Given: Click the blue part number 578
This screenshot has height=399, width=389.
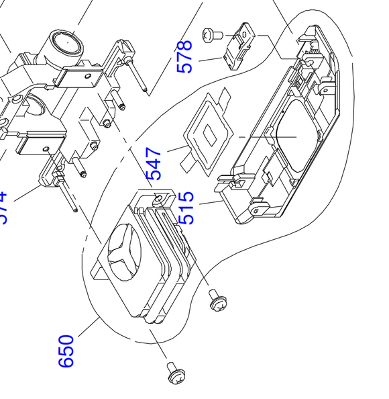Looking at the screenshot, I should point(184,56).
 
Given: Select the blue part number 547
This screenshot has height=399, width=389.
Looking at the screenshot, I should point(154,164).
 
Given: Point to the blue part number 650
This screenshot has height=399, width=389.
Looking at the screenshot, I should point(66,351).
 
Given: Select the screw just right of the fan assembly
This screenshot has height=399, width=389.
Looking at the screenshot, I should point(217,300).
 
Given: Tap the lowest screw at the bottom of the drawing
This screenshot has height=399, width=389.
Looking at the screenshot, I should point(176,371).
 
